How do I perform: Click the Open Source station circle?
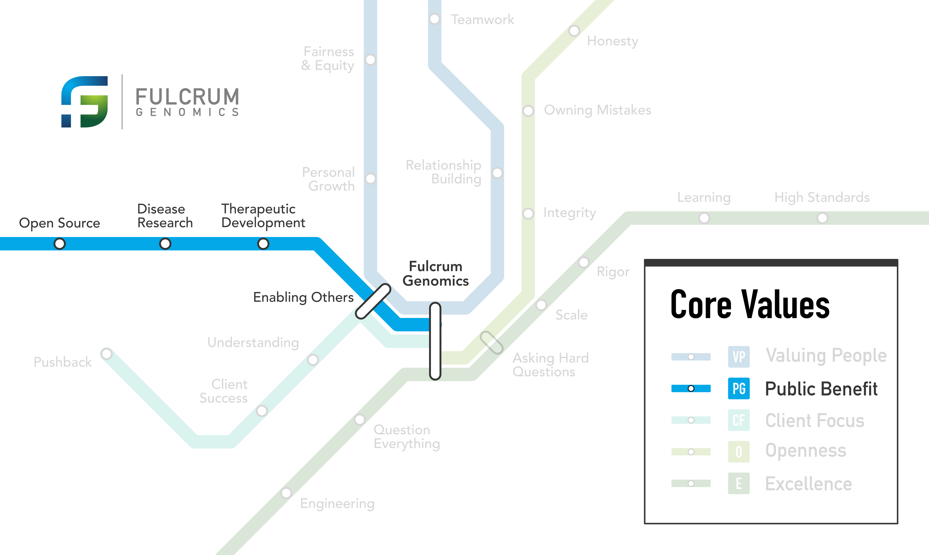[x=59, y=244]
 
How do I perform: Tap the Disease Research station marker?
[x=165, y=244]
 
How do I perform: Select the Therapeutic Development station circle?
[x=263, y=244]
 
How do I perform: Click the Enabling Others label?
[x=303, y=297]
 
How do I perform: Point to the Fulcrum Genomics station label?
[x=435, y=274]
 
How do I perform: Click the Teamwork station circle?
[x=434, y=19]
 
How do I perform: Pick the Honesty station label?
[x=612, y=41]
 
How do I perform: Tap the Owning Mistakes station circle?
[x=528, y=111]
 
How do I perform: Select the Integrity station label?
[x=569, y=213]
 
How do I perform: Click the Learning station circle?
[x=704, y=218]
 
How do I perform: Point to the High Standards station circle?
[x=822, y=218]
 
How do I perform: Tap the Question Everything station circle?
[x=360, y=420]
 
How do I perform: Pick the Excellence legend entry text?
[x=808, y=484]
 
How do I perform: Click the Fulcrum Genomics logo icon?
[x=85, y=102]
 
